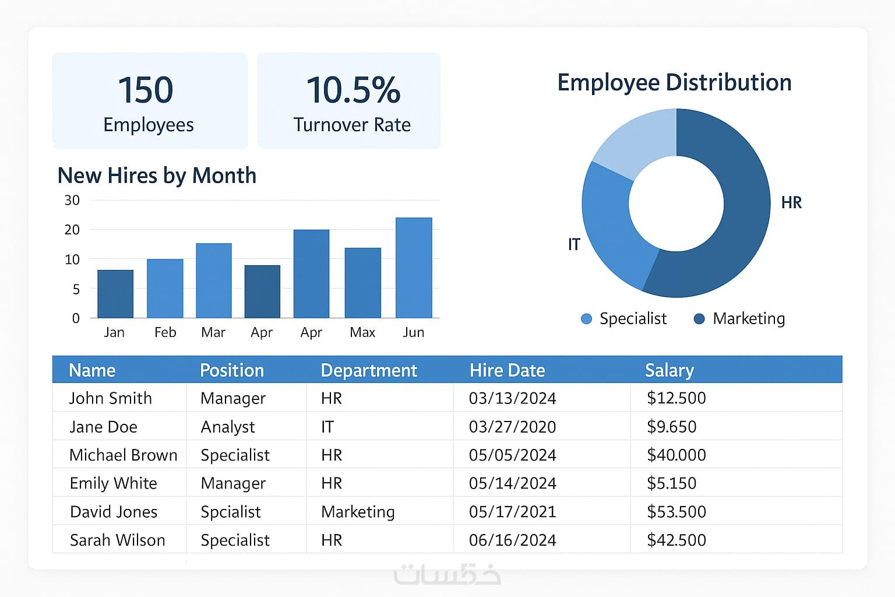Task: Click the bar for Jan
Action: pyautogui.click(x=115, y=294)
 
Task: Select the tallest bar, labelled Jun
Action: pyautogui.click(x=414, y=268)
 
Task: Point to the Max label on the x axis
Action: pyautogui.click(x=362, y=332)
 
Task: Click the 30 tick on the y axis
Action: pyautogui.click(x=72, y=201)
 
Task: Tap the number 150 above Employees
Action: pyautogui.click(x=146, y=90)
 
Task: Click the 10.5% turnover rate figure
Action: pyautogui.click(x=353, y=90)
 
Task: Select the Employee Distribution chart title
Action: pyautogui.click(x=674, y=83)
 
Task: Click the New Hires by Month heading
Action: pyautogui.click(x=157, y=175)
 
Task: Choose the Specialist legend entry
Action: pyautogui.click(x=624, y=319)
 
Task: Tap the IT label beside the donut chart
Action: pyautogui.click(x=574, y=244)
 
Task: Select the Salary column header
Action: pyautogui.click(x=669, y=370)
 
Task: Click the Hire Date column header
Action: pyautogui.click(x=507, y=370)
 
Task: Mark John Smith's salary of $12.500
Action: pyautogui.click(x=676, y=398)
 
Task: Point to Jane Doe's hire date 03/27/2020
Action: pyautogui.click(x=512, y=427)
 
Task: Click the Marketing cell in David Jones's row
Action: pyautogui.click(x=358, y=512)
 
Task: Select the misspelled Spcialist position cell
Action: pyautogui.click(x=230, y=512)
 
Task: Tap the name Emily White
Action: pyautogui.click(x=113, y=483)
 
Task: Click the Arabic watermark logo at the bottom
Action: pyautogui.click(x=447, y=574)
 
